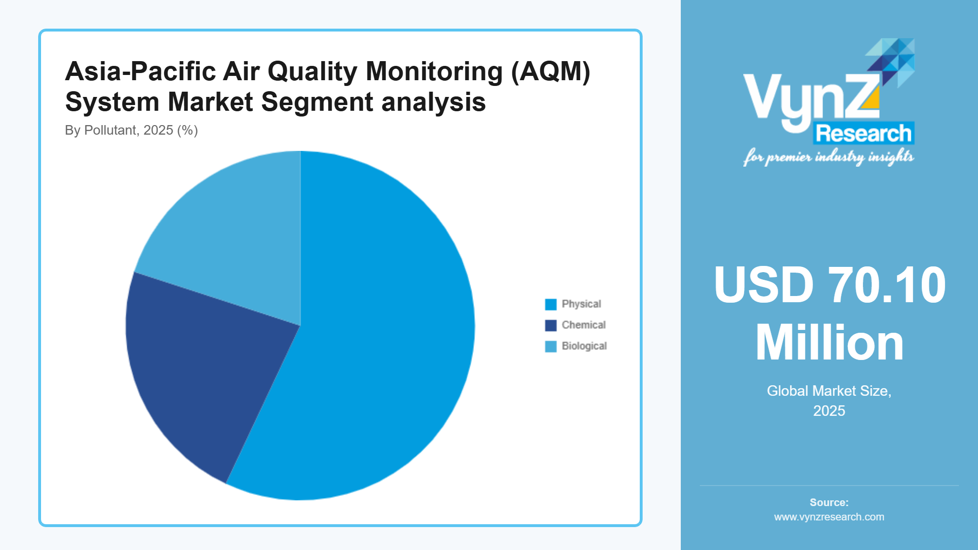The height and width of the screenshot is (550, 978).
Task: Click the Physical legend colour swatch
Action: coord(551,304)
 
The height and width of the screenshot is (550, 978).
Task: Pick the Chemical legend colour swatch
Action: coord(551,325)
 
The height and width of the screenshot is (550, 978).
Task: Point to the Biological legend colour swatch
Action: coord(551,346)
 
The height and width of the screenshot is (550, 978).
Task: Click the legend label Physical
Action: coord(581,304)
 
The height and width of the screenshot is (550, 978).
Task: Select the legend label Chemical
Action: coord(583,325)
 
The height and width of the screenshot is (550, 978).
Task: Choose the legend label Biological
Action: coord(584,346)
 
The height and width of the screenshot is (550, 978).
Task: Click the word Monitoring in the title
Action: coord(434,72)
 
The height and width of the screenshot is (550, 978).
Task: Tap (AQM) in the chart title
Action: coord(551,72)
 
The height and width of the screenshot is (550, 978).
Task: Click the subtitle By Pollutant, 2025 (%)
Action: coord(131,130)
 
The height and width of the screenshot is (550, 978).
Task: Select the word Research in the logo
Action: coord(864,133)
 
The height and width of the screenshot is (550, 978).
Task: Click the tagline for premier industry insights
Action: coord(828,157)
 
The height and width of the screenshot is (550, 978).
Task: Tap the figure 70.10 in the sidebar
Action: coord(886,285)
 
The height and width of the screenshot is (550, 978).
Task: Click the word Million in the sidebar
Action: coord(829,343)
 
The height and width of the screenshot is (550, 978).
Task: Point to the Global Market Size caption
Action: coord(829,391)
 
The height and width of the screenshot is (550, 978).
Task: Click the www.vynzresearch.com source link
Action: coord(829,517)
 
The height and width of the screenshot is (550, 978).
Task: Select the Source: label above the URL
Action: coord(829,502)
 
